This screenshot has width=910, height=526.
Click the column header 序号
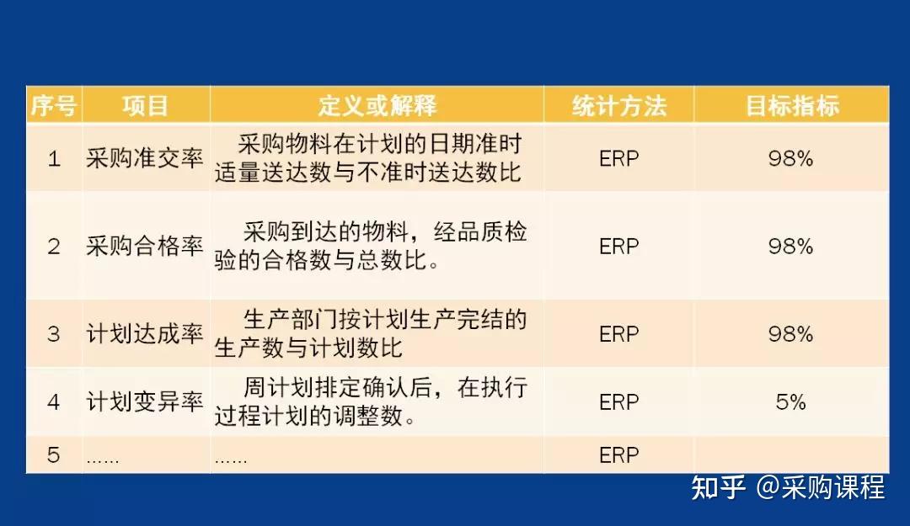pos(54,106)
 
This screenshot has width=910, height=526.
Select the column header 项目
pos(146,106)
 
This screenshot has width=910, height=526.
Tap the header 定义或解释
pos(377,106)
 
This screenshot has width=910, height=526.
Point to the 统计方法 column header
pos(618,106)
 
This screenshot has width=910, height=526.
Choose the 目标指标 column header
pos(791,106)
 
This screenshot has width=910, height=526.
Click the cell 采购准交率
pos(145,159)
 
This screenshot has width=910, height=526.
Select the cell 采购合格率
pos(145,247)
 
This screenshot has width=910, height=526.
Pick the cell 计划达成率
pos(145,334)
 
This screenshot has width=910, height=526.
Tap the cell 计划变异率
pos(145,402)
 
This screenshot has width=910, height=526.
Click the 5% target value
pos(790,402)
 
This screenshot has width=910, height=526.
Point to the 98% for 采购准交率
pos(790,159)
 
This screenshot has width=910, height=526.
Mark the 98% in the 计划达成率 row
pos(790,334)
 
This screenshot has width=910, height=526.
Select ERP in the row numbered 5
pos(619,455)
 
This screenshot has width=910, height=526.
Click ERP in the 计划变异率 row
pos(619,402)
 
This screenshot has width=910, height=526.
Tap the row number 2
pos(54,247)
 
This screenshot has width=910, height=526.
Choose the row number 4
pos(54,402)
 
